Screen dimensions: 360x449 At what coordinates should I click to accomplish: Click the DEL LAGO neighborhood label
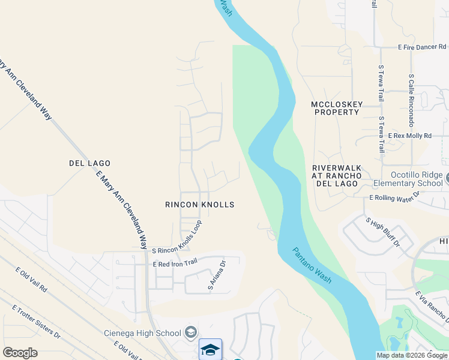(89, 163)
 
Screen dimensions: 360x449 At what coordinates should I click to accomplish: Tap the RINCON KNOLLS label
(199, 205)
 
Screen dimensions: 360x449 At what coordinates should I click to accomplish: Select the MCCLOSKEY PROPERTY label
(337, 108)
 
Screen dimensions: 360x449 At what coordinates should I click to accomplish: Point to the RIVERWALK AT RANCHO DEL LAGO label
(336, 176)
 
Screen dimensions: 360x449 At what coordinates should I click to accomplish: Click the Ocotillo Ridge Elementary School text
(408, 179)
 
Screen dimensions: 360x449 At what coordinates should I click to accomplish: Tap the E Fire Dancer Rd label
(422, 47)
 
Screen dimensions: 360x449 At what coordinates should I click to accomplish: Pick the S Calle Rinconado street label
(411, 100)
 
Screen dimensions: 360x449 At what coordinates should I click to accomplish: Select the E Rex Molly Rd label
(409, 136)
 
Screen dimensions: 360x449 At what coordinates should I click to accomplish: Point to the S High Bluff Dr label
(382, 232)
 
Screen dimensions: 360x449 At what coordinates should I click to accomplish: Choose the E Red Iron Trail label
(175, 263)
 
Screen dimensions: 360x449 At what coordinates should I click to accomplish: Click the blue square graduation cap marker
(210, 350)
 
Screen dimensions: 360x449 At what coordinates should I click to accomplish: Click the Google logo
(20, 353)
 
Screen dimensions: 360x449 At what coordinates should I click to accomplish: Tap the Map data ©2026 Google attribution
(411, 355)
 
